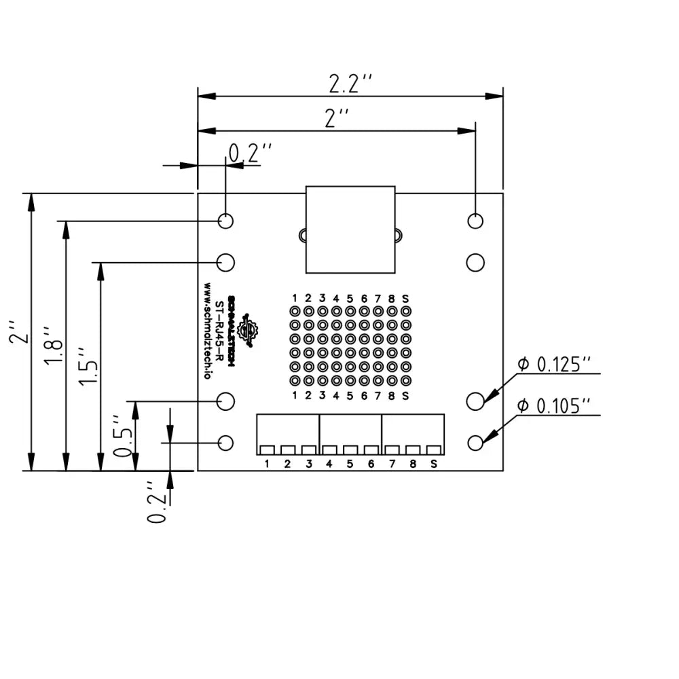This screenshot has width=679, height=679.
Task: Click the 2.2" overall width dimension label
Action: (350, 84)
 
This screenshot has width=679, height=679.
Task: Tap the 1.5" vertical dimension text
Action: (88, 367)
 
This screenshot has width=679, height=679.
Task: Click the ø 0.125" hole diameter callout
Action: (557, 365)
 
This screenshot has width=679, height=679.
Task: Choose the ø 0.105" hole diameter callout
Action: (557, 406)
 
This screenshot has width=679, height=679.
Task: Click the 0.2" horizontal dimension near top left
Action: (249, 153)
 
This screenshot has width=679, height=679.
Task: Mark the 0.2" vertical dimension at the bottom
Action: (157, 502)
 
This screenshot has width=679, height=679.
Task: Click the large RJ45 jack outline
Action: (350, 230)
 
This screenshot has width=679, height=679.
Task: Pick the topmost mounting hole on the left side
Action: (226, 221)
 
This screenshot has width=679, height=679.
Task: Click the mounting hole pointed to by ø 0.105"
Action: (475, 443)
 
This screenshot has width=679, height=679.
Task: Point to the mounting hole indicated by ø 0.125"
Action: (475, 401)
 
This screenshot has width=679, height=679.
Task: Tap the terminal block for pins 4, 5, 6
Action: (350, 435)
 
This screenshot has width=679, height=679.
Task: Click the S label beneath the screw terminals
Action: (433, 464)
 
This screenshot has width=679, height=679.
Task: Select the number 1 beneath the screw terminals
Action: (268, 464)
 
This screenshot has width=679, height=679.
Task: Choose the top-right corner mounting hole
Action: (475, 221)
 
